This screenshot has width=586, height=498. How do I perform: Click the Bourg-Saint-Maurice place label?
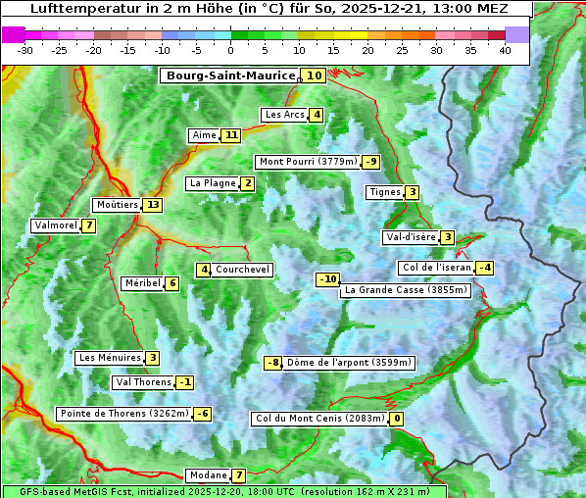coord(230,75)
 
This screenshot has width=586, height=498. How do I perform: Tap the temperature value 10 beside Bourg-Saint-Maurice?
coord(314,75)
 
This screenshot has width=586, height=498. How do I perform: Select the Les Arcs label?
coord(285,115)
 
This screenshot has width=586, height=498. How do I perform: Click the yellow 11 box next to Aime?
coord(230,135)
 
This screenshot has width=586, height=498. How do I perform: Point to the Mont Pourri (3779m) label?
coord(307,162)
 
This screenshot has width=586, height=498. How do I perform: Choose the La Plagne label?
coord(212,183)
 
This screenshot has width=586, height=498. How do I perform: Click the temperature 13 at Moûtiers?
coord(152,205)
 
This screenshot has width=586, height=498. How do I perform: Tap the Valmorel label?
coord(55,225)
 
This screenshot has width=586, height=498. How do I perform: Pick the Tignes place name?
coord(384,192)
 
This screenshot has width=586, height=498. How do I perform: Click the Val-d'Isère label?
coord(410,237)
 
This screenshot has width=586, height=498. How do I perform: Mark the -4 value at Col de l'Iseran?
coord(484,268)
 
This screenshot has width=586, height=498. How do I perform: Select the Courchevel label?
coord(242,270)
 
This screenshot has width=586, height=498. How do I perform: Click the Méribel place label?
coord(142,283)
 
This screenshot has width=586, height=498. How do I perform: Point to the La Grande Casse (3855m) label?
coord(406,290)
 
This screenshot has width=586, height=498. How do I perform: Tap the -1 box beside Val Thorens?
coord(185,382)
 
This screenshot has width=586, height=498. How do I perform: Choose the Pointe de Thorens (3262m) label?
coord(123,414)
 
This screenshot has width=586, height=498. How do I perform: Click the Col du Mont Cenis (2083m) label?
coord(319,419)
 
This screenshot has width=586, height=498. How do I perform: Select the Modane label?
coord(208,475)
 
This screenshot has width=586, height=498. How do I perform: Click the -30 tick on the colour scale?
coord(25,50)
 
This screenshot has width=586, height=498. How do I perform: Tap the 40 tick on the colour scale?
coord(505,50)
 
